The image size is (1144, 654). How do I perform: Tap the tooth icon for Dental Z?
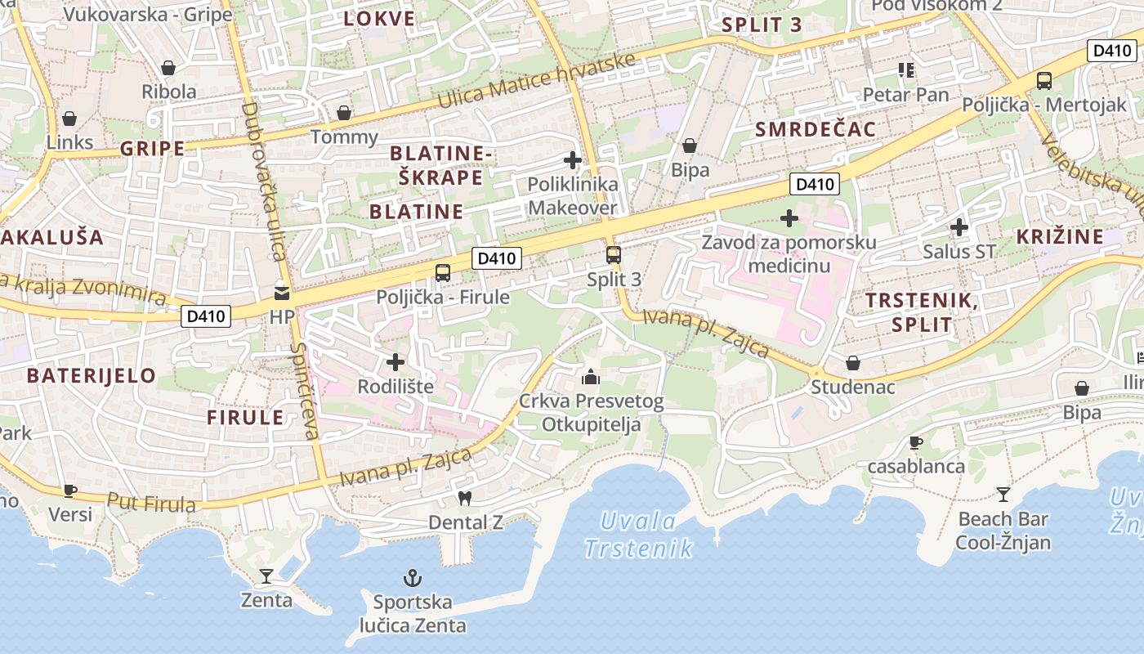[x=465, y=497]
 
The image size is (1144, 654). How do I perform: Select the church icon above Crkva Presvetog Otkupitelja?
[x=590, y=377]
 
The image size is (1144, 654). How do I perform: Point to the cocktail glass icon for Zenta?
[x=266, y=576]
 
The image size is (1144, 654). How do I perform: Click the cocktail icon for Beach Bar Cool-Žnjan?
[x=1003, y=494]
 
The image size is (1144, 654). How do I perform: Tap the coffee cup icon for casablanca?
[x=916, y=442]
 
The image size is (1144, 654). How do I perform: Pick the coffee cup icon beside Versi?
[x=70, y=490]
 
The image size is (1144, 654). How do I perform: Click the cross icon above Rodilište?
[x=395, y=361]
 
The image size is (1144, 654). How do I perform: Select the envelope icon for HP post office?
[x=282, y=293]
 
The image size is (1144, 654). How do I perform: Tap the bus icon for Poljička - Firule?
[x=443, y=273]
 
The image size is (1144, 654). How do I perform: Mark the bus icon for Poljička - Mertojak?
[x=1044, y=81]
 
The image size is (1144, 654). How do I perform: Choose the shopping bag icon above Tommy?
[x=344, y=113]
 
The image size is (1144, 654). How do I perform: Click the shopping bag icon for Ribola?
[x=168, y=68]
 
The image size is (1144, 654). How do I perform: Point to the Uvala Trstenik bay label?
[x=638, y=535]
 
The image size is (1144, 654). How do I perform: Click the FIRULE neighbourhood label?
[x=245, y=418]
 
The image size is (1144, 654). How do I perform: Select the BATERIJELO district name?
[x=91, y=376]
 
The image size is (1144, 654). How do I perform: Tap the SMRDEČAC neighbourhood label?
[x=815, y=129]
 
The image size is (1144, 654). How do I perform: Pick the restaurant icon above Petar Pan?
[x=905, y=70]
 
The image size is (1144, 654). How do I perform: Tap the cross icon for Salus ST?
[x=959, y=227]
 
